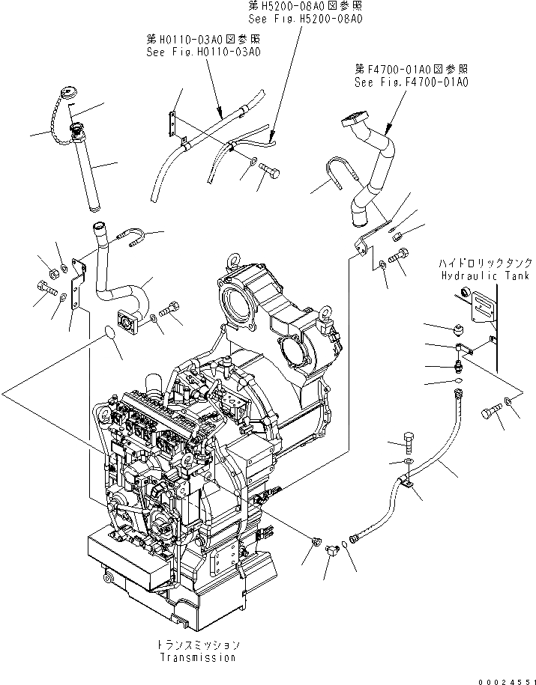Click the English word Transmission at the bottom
click(197, 657)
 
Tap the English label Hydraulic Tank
click(476, 275)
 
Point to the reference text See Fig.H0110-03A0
click(204, 51)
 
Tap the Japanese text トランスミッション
click(197, 645)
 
